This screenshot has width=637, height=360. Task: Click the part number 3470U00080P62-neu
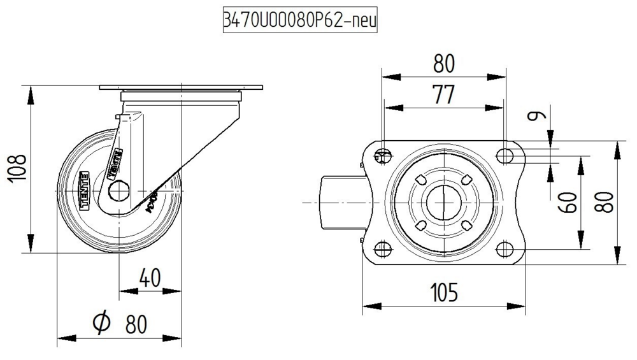(299, 21)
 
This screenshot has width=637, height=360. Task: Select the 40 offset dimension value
(150, 278)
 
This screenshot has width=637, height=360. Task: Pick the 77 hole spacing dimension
(443, 94)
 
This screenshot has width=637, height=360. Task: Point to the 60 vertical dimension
(569, 202)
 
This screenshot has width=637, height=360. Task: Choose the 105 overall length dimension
(443, 292)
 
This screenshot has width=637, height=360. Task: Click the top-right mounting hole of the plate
(505, 155)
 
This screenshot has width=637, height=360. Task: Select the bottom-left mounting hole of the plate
(382, 248)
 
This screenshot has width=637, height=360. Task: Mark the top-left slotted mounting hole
(382, 155)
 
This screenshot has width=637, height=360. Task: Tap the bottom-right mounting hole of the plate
(505, 248)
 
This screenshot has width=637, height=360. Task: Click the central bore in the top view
(443, 201)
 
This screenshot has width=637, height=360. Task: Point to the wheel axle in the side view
(119, 191)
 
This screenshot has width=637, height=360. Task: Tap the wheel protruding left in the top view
(333, 202)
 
